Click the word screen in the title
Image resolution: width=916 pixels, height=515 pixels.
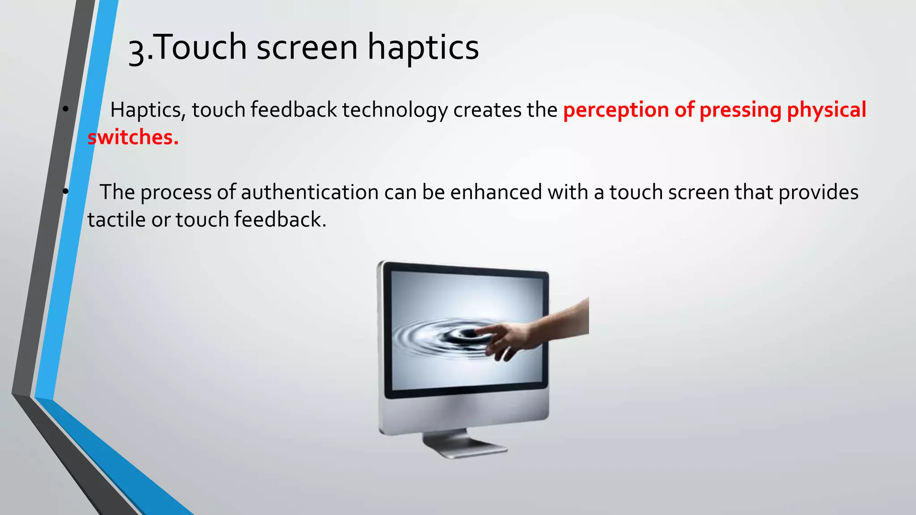coord(307,48)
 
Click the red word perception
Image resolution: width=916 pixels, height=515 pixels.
coord(616,110)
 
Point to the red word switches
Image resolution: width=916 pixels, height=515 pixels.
coord(133,137)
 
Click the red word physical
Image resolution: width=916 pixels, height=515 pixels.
coord(827,110)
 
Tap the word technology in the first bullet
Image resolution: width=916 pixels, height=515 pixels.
coord(395,110)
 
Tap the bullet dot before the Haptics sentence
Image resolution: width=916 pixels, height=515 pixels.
coord(66,109)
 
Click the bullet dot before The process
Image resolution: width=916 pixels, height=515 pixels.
coord(66,191)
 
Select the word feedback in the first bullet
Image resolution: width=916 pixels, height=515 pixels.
coord(294,110)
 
